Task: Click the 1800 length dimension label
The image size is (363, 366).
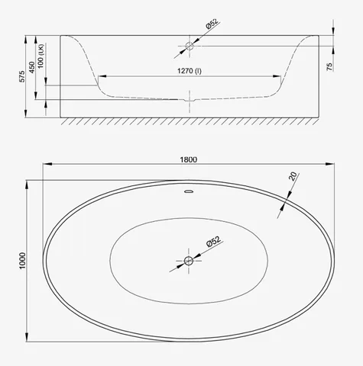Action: coord(189,159)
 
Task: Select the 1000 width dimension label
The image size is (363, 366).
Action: coord(23,261)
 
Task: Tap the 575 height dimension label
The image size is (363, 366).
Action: coord(22,76)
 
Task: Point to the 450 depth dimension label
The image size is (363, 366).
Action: coord(32,67)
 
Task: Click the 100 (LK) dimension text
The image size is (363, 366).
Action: coord(41,56)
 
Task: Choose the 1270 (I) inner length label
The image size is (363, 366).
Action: coord(190,71)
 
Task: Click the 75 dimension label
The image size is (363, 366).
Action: coord(329,66)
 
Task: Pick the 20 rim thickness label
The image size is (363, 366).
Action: coord(293,176)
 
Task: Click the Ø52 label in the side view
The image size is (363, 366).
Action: coord(212,24)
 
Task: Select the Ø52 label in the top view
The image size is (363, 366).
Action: coord(213,241)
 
